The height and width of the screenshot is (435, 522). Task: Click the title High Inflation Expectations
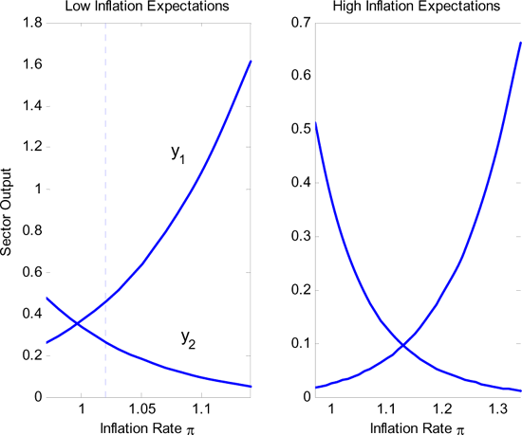click(413, 9)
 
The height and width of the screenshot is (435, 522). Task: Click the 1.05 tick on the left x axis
click(141, 409)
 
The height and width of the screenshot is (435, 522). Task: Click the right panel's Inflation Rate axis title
click(413, 426)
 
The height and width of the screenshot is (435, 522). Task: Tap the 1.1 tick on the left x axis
click(201, 409)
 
